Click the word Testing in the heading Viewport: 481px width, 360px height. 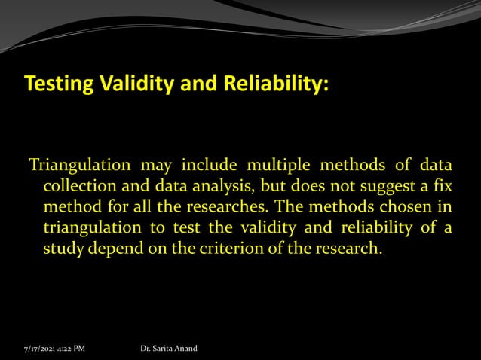[56, 86]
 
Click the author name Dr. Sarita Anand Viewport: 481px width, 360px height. [169, 349]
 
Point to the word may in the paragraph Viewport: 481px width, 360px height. [146, 166]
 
